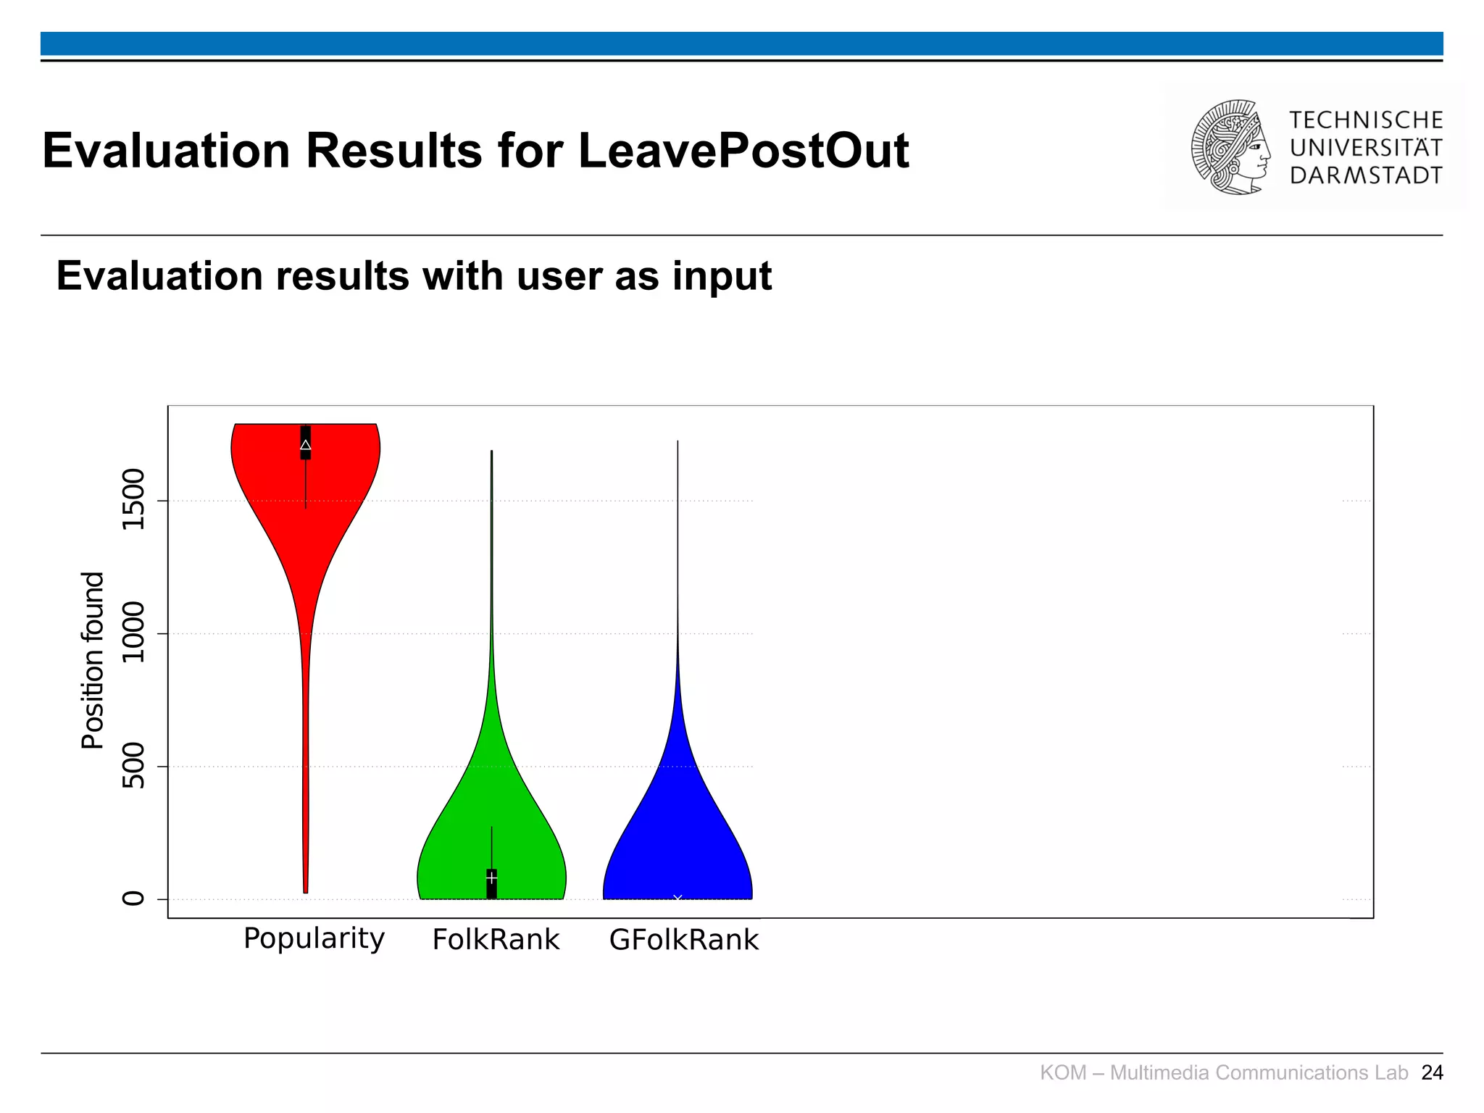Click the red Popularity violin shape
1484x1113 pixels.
[x=305, y=522]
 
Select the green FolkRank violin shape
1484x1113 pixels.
[x=491, y=833]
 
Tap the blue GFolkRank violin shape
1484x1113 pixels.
[x=678, y=833]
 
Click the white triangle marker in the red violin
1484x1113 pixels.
[x=306, y=445]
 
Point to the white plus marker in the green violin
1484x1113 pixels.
[x=491, y=877]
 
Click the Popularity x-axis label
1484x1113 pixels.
[x=314, y=938]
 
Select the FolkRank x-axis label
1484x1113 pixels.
[x=496, y=940]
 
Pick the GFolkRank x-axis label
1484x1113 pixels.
[x=683, y=940]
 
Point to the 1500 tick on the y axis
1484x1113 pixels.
[x=133, y=500]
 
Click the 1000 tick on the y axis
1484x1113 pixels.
[x=133, y=633]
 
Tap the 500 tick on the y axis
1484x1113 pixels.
[x=133, y=766]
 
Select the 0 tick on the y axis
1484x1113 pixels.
[x=133, y=899]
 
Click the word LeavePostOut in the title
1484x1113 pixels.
[x=743, y=151]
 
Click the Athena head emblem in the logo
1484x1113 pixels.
[x=1230, y=147]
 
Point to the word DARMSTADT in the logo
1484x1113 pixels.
[x=1366, y=175]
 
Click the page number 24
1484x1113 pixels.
[x=1432, y=1072]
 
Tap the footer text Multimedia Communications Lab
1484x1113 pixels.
[x=1259, y=1072]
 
